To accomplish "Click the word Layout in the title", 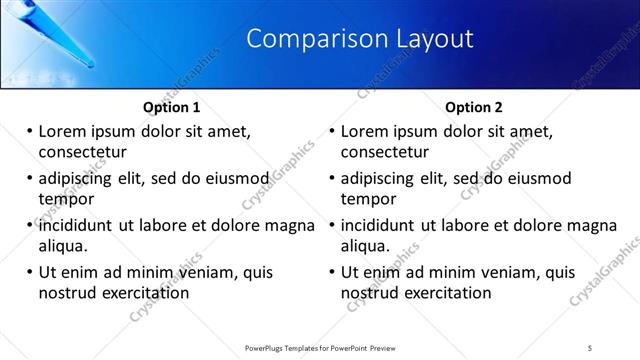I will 429,40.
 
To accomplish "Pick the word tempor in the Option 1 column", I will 65,199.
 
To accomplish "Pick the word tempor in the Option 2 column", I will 368,199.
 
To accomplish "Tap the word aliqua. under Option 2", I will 366,246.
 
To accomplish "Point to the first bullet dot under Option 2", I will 331,131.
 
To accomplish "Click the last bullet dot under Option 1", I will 28,272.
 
